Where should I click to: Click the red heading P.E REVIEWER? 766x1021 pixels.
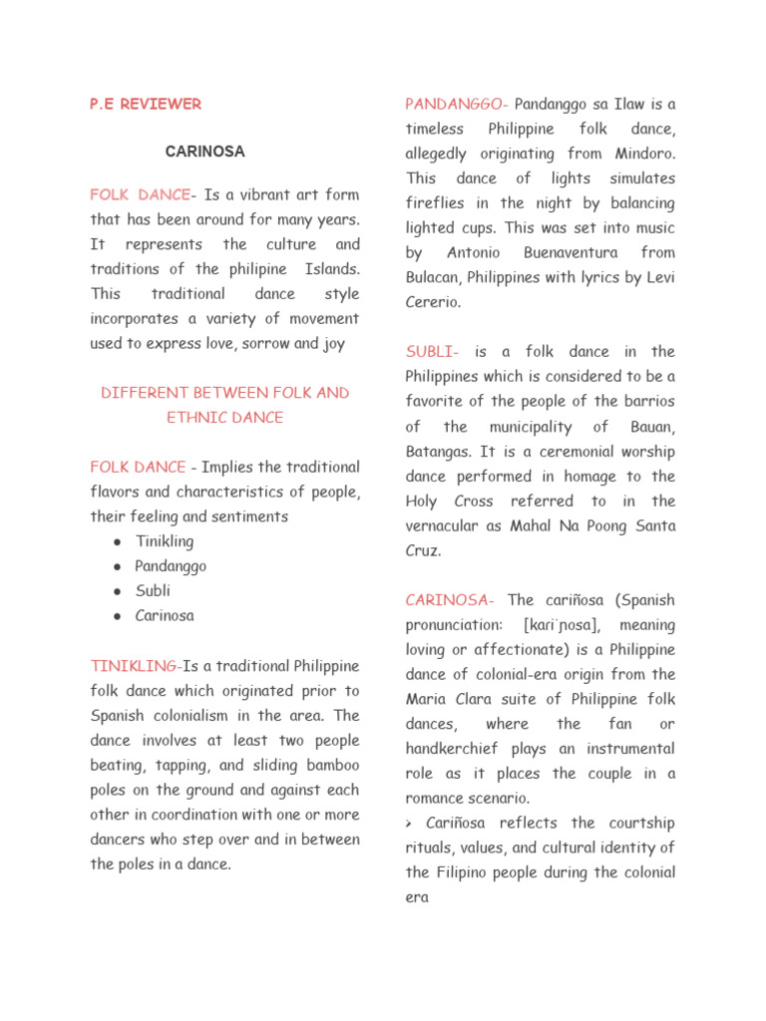pyautogui.click(x=146, y=104)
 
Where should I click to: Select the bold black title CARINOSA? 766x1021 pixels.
pyautogui.click(x=204, y=152)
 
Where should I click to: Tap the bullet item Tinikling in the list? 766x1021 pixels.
pyautogui.click(x=165, y=541)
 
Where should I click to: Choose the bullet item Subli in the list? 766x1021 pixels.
pyautogui.click(x=153, y=590)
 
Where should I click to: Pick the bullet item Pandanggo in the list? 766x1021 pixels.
pyautogui.click(x=171, y=566)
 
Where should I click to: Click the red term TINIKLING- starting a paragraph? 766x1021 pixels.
pyautogui.click(x=136, y=665)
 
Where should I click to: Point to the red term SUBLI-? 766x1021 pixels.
pyautogui.click(x=432, y=351)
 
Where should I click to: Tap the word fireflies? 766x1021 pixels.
pyautogui.click(x=438, y=203)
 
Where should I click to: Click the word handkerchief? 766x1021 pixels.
pyautogui.click(x=459, y=749)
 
